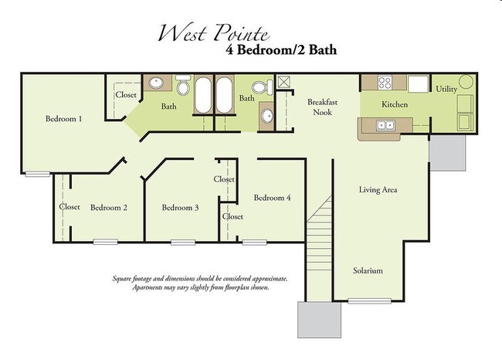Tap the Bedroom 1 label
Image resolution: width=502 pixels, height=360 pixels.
pos(64,119)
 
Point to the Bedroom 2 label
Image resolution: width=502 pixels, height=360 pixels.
pos(109,207)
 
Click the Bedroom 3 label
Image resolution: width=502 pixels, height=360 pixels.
pos(181,207)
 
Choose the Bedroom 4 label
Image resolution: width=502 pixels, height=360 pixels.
pos(272,197)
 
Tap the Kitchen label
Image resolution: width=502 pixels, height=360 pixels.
pos(395,104)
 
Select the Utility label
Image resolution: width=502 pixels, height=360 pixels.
pos(446,89)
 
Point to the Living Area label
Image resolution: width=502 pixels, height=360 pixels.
pos(378,189)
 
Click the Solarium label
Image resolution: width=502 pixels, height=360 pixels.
pos(368,271)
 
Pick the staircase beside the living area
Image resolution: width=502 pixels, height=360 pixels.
pos(319,232)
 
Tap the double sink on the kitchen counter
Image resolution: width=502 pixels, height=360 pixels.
pos(384,125)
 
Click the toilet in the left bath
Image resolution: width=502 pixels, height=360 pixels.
pos(183,83)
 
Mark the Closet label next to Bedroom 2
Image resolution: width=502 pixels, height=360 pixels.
pos(70,207)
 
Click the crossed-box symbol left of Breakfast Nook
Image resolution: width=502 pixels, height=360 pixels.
pos(283,82)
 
